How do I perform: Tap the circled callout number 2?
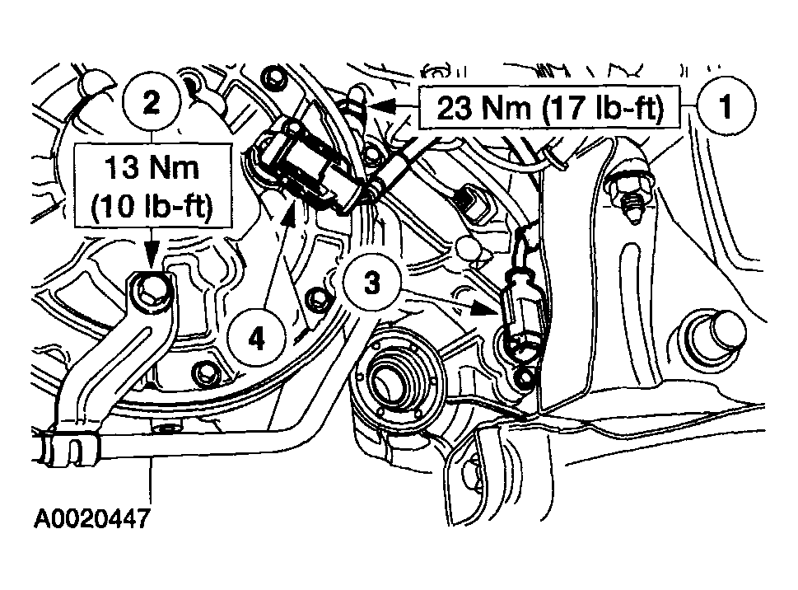tap(152, 103)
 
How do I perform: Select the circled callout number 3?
tap(372, 282)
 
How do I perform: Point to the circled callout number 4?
tap(256, 338)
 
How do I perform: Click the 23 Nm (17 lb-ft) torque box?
tap(549, 108)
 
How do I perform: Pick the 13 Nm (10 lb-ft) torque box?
tap(152, 185)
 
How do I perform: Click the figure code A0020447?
tap(91, 519)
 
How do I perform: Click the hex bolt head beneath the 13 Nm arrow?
tap(152, 290)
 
